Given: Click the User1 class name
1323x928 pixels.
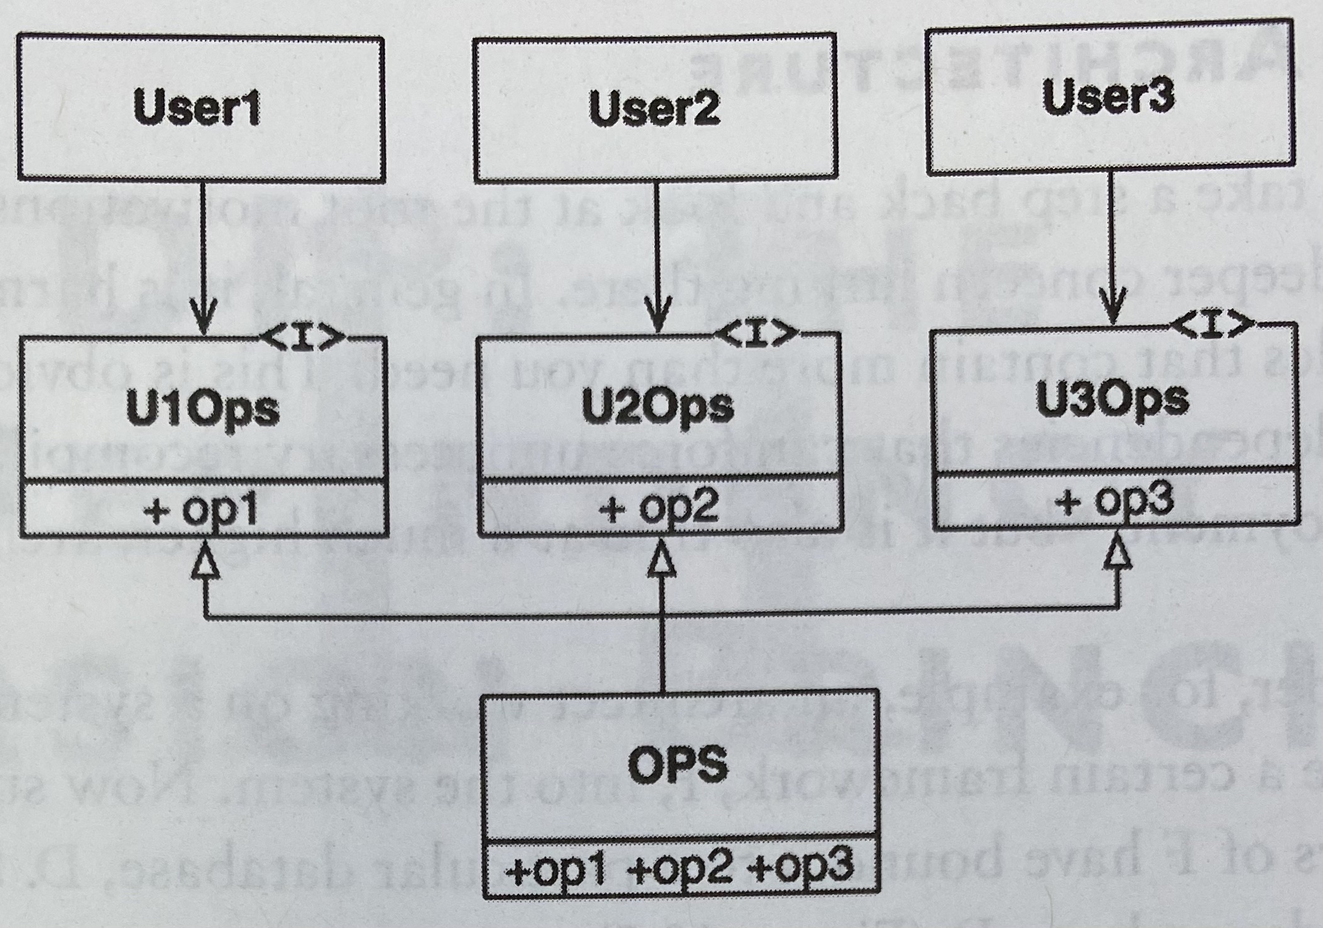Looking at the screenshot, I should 197,108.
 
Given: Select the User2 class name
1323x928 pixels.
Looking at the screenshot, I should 654,107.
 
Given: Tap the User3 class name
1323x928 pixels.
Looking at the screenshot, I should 1108,97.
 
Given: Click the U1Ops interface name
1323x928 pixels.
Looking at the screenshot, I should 203,409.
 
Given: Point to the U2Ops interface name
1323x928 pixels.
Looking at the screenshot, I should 657,407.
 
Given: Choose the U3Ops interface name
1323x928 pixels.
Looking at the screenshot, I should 1112,398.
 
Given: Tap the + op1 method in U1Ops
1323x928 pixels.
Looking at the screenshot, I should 201,510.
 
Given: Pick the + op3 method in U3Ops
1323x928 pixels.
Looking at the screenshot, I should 1114,501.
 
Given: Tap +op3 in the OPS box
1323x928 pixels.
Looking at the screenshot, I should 800,866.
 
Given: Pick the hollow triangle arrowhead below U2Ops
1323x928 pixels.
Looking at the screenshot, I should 661,559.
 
